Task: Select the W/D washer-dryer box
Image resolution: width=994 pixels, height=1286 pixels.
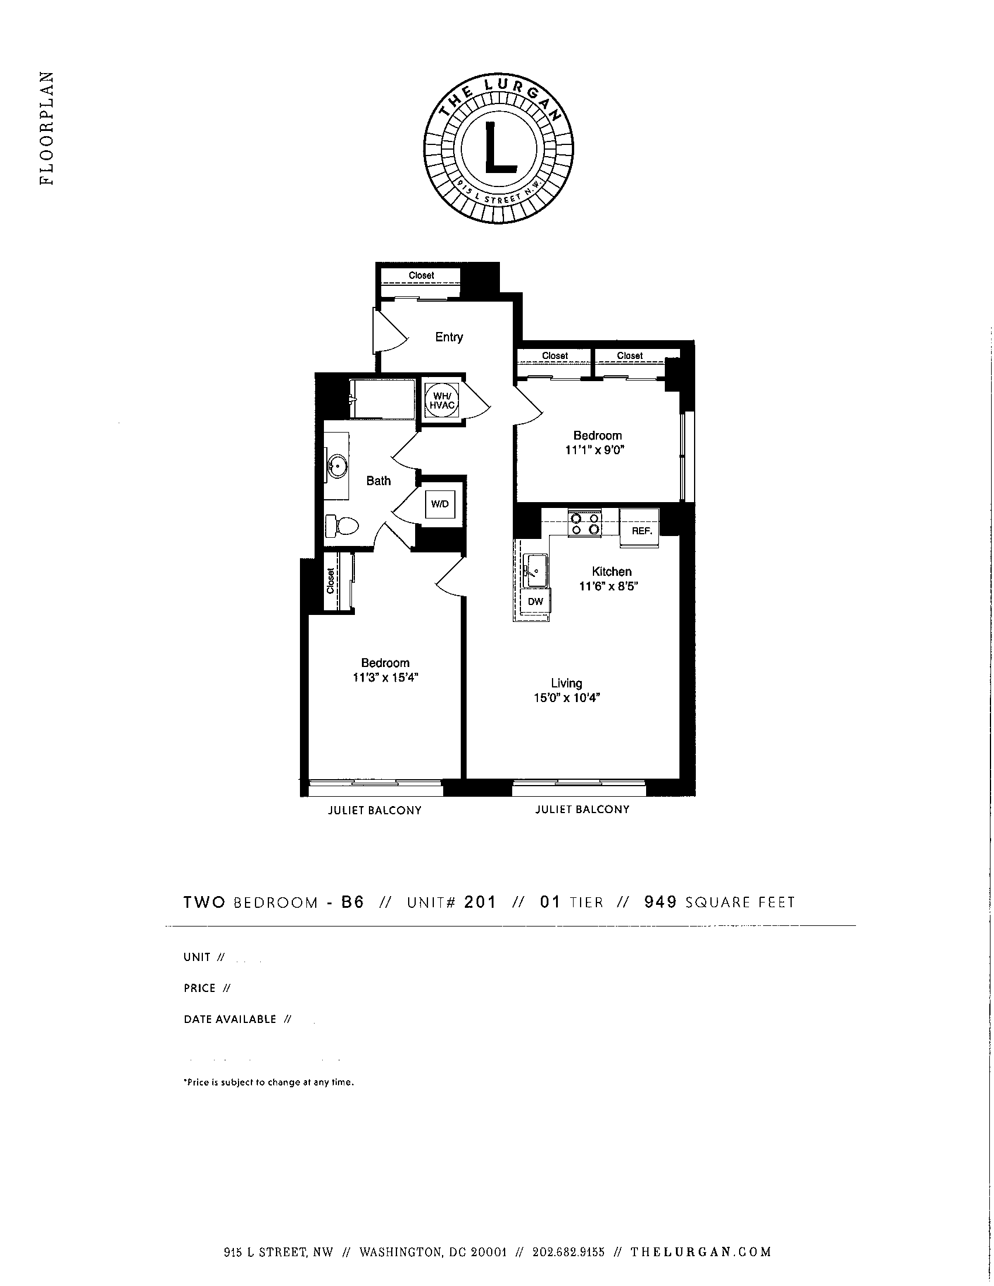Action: (440, 503)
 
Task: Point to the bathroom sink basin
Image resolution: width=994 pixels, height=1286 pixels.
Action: (338, 466)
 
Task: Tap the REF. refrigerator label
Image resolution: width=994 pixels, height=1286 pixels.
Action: (642, 531)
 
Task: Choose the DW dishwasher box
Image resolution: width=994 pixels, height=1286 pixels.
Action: (535, 601)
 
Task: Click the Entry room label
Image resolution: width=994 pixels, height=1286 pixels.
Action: (448, 337)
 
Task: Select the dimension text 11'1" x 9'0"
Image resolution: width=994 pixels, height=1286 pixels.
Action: (594, 450)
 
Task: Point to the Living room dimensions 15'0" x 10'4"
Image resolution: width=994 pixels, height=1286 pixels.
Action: (566, 698)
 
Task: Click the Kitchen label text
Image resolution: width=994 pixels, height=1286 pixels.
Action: (611, 571)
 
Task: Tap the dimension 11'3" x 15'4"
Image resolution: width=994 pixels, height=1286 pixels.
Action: (385, 677)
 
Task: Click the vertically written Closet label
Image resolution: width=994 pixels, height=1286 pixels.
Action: (330, 580)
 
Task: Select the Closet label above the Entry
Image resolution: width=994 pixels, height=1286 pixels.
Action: (421, 275)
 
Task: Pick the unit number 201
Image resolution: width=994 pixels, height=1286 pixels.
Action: (480, 902)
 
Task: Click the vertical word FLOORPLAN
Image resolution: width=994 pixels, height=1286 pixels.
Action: (47, 128)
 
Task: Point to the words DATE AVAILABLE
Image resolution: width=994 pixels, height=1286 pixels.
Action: (230, 1019)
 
